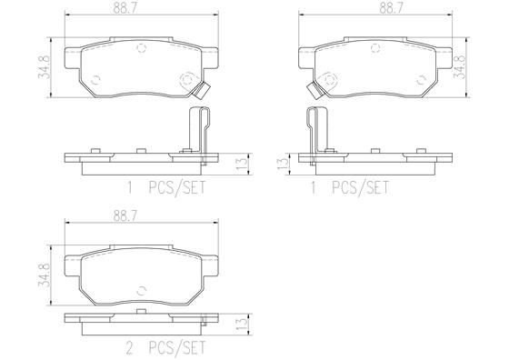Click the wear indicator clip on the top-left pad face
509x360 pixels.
205,90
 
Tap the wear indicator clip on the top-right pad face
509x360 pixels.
314,90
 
